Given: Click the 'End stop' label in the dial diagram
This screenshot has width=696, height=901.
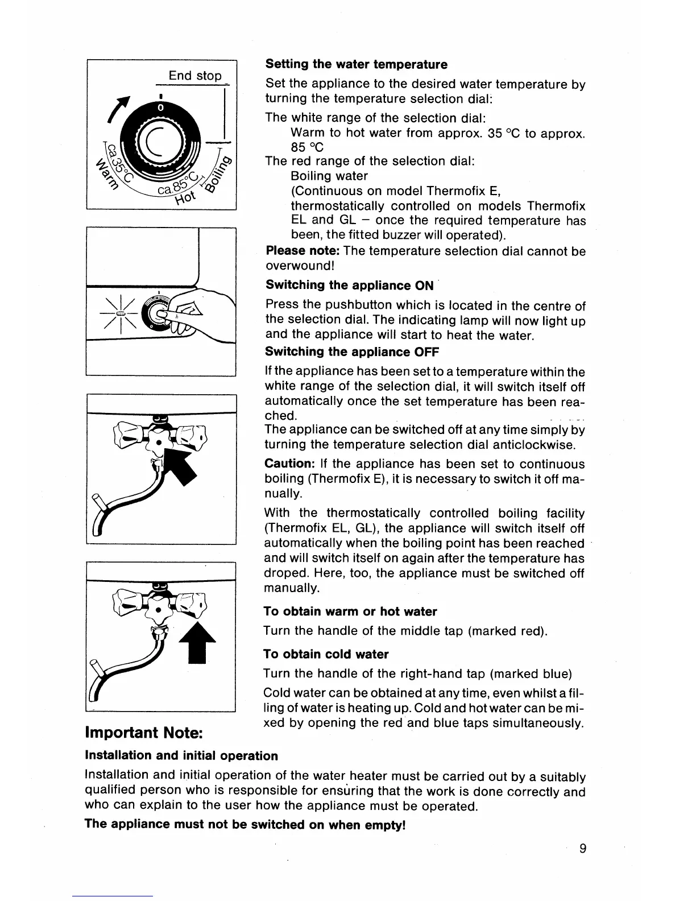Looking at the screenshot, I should click(x=194, y=76).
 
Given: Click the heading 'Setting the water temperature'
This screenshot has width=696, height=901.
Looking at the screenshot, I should click(x=357, y=64).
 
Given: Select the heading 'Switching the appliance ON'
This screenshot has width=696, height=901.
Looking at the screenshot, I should click(x=349, y=285).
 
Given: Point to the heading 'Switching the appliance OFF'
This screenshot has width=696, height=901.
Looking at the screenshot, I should click(x=351, y=352).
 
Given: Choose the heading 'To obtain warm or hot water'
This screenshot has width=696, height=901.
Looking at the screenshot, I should click(x=350, y=611).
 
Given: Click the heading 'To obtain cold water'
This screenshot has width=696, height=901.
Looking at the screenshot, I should click(x=326, y=654).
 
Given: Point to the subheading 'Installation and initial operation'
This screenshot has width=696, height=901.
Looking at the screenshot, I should click(x=181, y=756).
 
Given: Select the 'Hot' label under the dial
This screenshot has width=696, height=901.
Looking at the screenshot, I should click(x=185, y=197).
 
